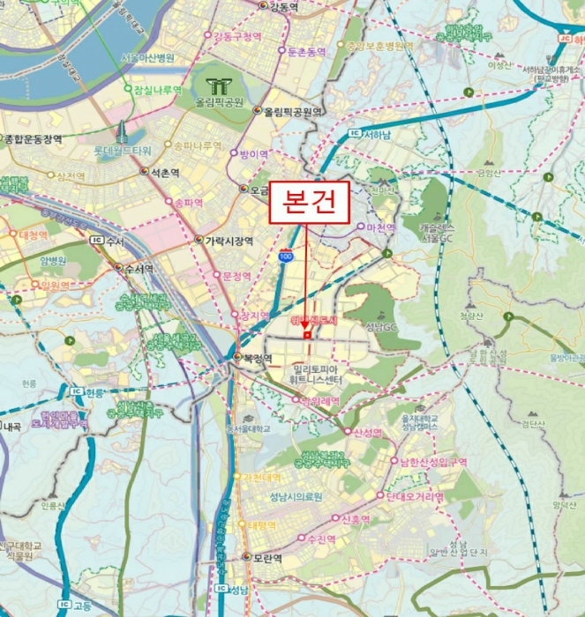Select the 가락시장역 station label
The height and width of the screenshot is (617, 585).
pos(229,240)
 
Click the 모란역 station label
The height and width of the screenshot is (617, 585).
pos(262,558)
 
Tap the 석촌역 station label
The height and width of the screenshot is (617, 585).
pos(164,173)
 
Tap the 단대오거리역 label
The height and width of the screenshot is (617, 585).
pos(413,497)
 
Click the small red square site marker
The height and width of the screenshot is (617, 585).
pos(307,335)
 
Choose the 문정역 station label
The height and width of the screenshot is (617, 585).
pos(237,276)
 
